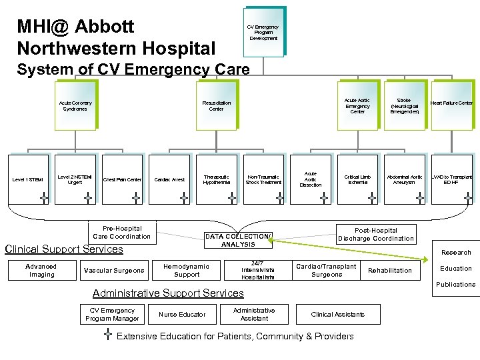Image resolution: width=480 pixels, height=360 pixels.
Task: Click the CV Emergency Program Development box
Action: click(263, 33)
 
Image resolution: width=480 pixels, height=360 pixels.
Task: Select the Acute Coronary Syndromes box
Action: click(75, 105)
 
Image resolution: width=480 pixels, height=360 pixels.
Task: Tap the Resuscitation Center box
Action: click(216, 105)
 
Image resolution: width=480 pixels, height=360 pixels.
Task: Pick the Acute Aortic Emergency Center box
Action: click(357, 105)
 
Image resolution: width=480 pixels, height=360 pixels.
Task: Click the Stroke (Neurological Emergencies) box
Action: click(404, 105)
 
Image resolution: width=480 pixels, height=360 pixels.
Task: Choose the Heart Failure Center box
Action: click(451, 103)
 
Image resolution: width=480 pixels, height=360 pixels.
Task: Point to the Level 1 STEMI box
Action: click(27, 179)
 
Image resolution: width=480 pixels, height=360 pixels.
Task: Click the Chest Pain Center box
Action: click(123, 179)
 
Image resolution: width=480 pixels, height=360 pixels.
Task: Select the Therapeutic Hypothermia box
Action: click(217, 179)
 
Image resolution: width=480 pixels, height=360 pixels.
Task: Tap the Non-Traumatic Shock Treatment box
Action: click(263, 179)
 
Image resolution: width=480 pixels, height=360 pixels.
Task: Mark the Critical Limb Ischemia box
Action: click(357, 179)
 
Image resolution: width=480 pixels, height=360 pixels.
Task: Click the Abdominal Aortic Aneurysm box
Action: click(404, 179)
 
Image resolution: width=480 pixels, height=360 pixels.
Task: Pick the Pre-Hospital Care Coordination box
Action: click(121, 232)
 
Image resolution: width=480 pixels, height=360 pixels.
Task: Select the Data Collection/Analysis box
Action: click(238, 240)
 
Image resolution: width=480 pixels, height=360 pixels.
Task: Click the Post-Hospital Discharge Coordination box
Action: click(375, 234)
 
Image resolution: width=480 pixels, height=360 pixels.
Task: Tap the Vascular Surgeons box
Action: click(113, 271)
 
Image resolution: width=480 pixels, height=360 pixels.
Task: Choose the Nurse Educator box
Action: click(182, 315)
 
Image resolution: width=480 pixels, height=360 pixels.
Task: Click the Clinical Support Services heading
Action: click(64, 249)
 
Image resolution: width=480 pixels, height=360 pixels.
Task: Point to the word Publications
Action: click(455, 285)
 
